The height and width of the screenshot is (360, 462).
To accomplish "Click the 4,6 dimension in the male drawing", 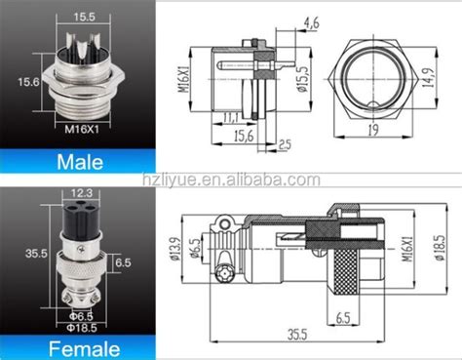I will (285, 21).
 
